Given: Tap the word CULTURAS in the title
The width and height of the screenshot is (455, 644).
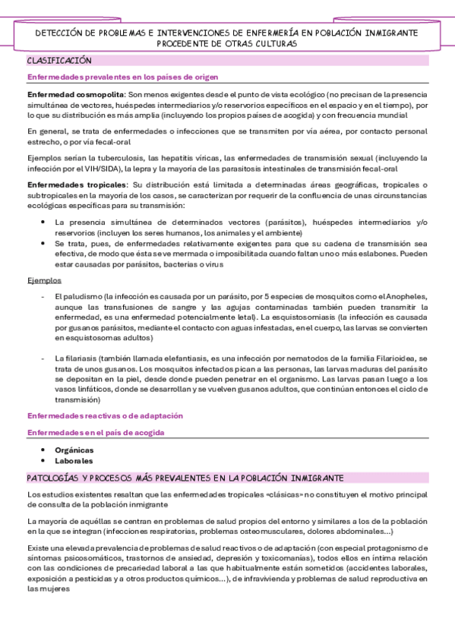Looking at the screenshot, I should tap(275, 44).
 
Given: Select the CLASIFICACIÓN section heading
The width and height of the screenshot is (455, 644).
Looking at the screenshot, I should tap(59, 60).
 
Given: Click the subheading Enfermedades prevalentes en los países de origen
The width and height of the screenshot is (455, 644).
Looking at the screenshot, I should tap(123, 77).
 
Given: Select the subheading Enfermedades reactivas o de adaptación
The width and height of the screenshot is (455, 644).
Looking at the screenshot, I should tap(105, 416).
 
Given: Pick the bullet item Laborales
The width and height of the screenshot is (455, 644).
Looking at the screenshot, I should tap(74, 460).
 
